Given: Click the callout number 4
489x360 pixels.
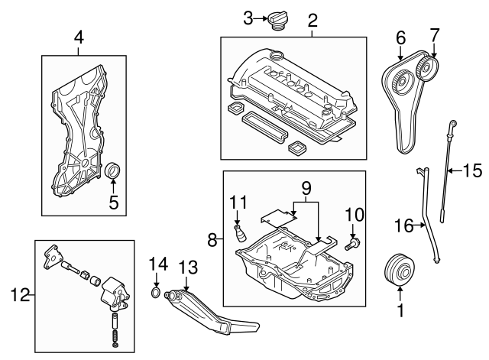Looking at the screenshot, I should (x=79, y=37).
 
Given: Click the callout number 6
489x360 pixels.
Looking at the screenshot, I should (x=400, y=36).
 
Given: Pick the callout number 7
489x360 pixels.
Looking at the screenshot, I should (x=434, y=36).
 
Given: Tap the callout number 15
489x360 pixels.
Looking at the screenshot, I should (x=473, y=170).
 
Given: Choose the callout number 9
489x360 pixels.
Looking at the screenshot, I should (x=306, y=186).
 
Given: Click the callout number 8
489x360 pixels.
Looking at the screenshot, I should (x=212, y=240).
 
